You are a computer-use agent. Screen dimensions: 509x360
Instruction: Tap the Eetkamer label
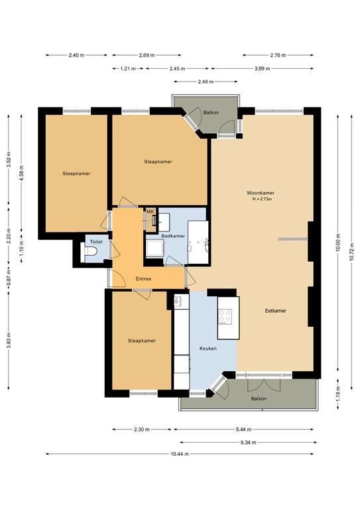[275, 310]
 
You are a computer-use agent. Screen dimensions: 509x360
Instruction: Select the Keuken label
[208, 348]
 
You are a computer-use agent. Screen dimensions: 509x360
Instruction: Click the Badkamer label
[174, 236]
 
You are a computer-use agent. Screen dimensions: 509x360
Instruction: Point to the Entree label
[144, 278]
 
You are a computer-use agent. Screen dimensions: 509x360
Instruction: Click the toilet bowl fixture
[92, 253]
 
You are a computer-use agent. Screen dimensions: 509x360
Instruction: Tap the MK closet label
[150, 211]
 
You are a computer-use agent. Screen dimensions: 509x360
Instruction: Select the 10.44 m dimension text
[179, 454]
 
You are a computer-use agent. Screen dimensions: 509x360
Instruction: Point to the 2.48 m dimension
[206, 82]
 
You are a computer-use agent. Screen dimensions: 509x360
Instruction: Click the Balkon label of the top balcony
[211, 113]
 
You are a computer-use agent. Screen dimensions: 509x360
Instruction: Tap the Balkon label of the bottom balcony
[259, 398]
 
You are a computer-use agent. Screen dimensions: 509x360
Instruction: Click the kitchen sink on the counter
[178, 302]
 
